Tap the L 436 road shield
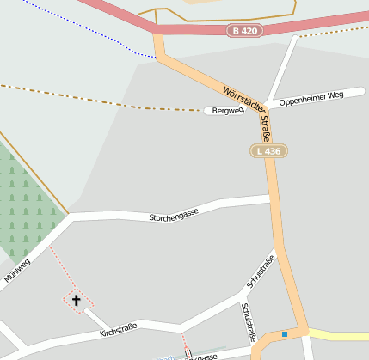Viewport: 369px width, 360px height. [x=268, y=151]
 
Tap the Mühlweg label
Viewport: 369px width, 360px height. [x=17, y=270]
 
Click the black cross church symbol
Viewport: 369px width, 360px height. [x=76, y=300]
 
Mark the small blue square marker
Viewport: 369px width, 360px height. [x=285, y=334]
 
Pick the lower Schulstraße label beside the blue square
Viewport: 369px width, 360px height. [x=249, y=322]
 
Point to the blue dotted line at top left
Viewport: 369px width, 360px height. [x=86, y=26]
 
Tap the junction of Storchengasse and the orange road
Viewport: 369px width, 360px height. [x=272, y=200]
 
